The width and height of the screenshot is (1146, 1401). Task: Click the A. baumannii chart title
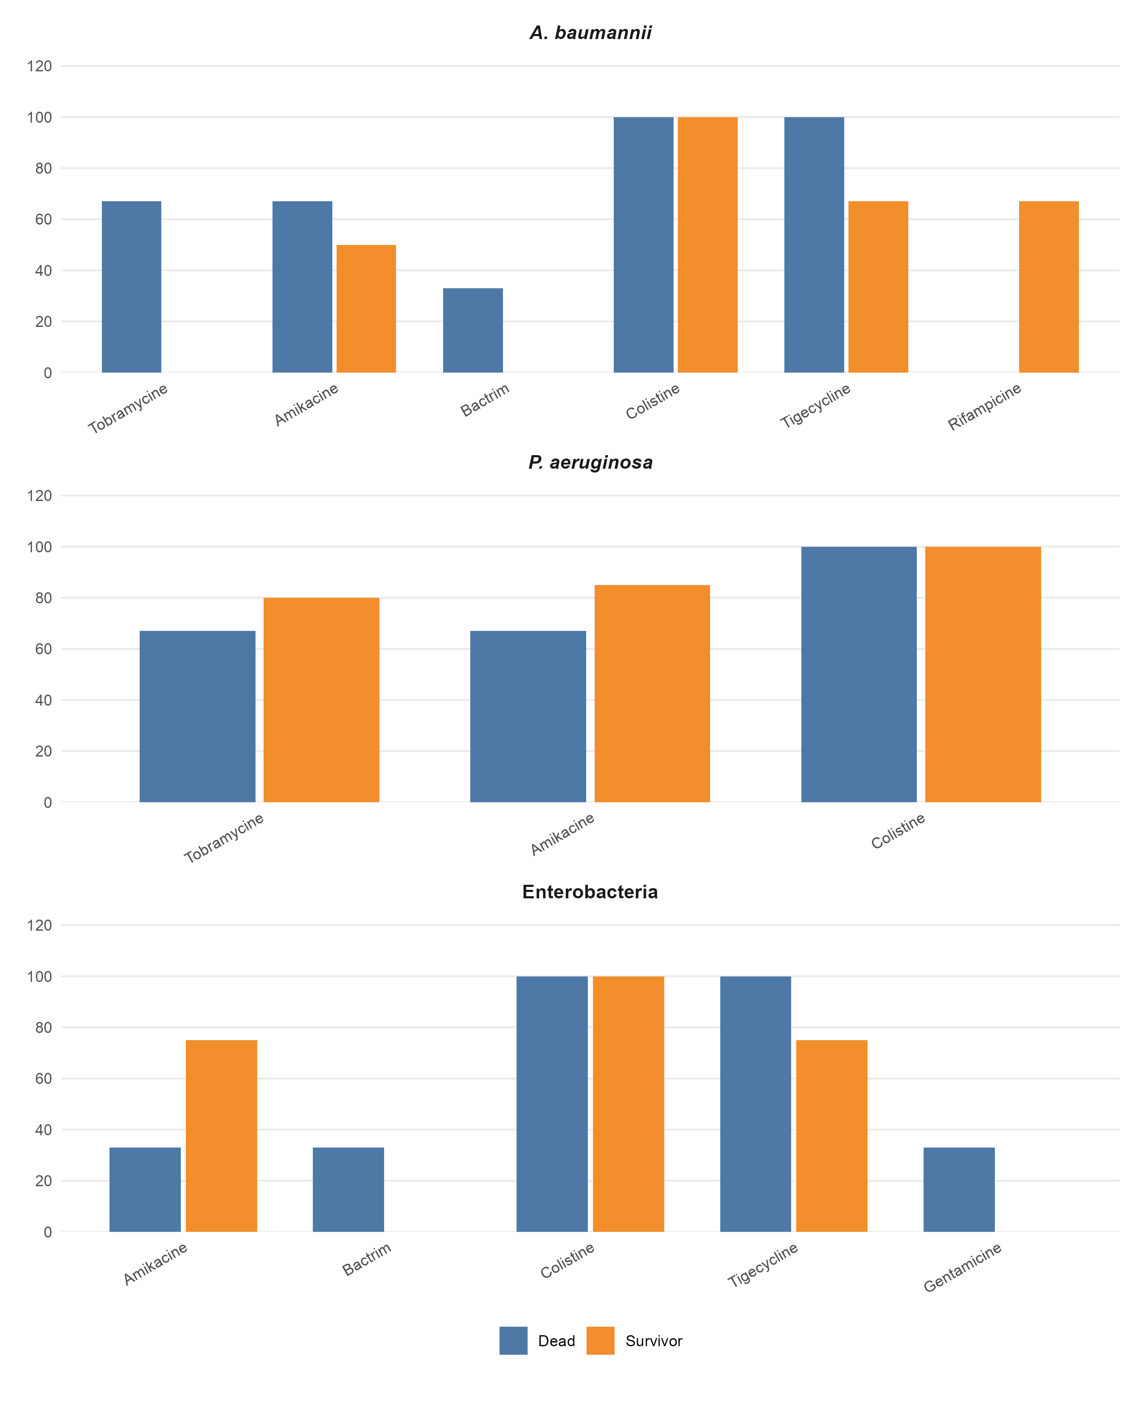click(590, 33)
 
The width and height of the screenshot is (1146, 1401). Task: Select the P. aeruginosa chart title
click(590, 462)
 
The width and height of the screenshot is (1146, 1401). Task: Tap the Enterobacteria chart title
click(590, 892)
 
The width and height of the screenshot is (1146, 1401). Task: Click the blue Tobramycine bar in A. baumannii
click(132, 287)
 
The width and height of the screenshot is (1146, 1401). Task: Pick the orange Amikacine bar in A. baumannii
click(366, 309)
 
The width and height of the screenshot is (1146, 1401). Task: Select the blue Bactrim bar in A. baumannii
click(473, 330)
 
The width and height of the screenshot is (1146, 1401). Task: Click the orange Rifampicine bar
click(1048, 287)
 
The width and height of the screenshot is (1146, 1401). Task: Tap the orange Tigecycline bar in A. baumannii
click(878, 287)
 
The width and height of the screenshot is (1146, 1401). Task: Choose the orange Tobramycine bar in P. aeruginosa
click(321, 700)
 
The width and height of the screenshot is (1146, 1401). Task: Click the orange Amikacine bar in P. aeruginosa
click(652, 693)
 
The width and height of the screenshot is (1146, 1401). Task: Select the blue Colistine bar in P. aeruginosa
click(859, 674)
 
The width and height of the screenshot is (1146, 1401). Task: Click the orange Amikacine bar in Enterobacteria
click(221, 1136)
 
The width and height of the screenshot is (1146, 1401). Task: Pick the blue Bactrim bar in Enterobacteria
click(348, 1190)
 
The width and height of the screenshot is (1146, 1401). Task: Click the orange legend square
click(600, 1340)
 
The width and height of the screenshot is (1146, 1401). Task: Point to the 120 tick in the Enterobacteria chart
click(39, 926)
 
